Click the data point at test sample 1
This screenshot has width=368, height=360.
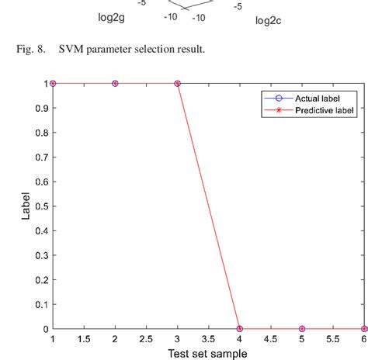(x=53, y=83)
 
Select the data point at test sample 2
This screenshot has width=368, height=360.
(x=115, y=83)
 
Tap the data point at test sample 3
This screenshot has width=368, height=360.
(x=178, y=83)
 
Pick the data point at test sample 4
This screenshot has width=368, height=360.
(x=240, y=329)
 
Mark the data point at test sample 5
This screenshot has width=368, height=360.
(x=302, y=329)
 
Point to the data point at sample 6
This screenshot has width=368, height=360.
(x=364, y=329)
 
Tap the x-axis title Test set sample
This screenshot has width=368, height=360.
(x=208, y=354)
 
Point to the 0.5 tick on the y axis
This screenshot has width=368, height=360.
(x=40, y=206)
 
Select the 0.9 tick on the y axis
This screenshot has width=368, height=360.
(x=40, y=108)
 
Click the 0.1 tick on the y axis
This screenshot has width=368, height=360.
(x=40, y=305)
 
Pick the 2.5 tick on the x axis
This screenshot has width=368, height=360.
(x=146, y=340)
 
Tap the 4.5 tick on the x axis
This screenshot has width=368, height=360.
(x=271, y=340)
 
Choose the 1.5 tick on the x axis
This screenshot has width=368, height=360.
(x=84, y=340)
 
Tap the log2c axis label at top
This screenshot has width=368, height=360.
(x=268, y=21)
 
